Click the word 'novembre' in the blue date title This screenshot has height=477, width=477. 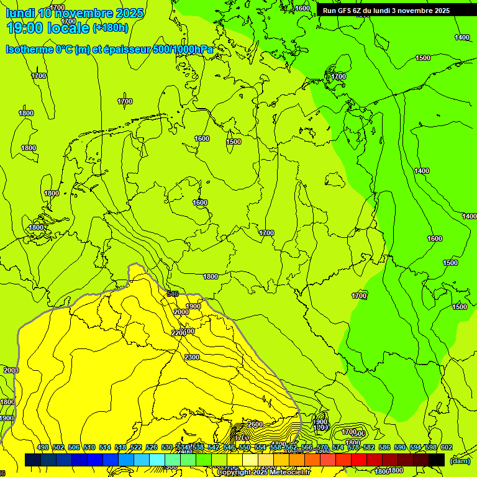89,14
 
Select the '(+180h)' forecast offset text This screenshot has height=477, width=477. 111,28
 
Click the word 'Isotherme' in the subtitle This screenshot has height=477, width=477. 29,49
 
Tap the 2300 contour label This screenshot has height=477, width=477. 192,357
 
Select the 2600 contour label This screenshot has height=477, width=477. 255,424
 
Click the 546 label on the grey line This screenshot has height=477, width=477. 173,294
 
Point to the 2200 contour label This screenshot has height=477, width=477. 178,333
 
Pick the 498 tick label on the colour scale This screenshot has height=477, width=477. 43,448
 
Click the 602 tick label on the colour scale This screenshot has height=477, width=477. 447,448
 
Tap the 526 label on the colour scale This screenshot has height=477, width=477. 152,448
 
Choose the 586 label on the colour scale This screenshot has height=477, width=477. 384,448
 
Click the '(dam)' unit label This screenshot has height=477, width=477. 460,461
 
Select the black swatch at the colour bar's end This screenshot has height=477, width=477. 437,460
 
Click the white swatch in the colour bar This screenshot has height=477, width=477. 173,460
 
